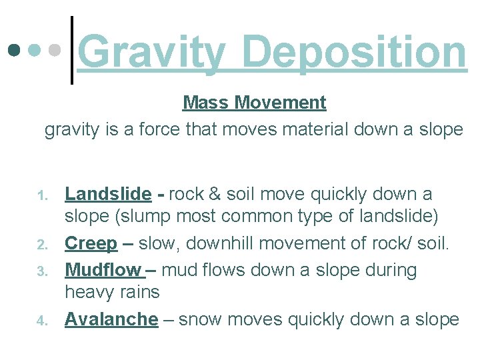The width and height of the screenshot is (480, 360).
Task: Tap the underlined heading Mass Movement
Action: (254, 103)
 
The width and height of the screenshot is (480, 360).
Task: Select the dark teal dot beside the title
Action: (13, 50)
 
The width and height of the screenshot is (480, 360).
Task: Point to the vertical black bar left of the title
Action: (72, 51)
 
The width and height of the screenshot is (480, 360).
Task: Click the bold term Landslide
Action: (108, 194)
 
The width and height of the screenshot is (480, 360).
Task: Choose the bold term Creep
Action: (91, 243)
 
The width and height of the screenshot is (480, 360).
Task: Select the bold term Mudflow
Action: (103, 270)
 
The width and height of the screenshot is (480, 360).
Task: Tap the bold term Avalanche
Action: (111, 319)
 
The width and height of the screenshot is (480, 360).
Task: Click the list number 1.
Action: (41, 196)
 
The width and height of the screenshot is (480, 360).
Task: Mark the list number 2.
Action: (41, 245)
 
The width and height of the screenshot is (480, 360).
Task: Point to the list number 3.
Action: (41, 272)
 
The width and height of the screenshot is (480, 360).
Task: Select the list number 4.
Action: (41, 321)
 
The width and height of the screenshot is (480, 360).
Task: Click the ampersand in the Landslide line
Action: (215, 195)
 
